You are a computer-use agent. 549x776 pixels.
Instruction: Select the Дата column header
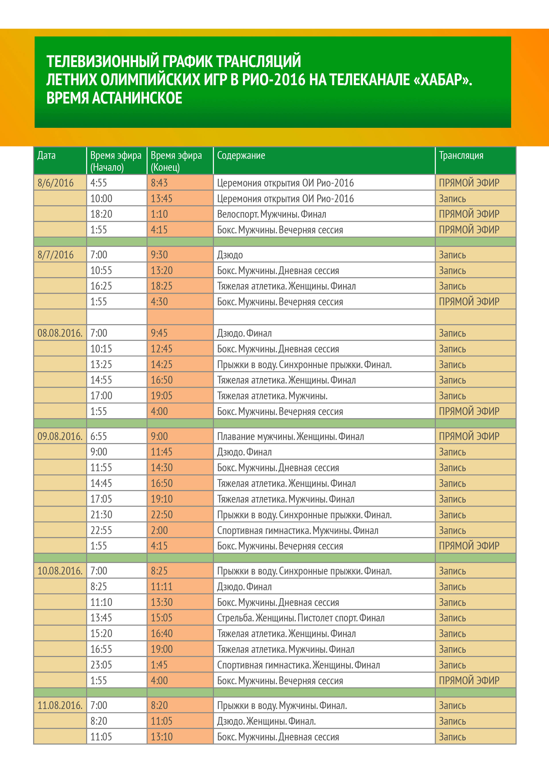click(x=46, y=156)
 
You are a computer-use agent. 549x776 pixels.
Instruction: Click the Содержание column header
click(x=241, y=156)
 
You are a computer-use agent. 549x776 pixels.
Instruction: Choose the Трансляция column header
click(x=461, y=156)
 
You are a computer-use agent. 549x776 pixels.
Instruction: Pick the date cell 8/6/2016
click(x=56, y=183)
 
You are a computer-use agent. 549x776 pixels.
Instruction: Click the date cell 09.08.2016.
click(x=60, y=436)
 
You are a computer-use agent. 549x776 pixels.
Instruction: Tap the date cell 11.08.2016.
click(x=60, y=705)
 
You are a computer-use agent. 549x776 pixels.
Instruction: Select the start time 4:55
click(x=99, y=183)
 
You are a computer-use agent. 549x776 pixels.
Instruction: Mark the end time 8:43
click(x=159, y=183)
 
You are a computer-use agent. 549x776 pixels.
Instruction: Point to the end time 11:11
click(x=161, y=586)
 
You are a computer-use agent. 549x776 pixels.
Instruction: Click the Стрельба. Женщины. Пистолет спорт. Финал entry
click(x=301, y=618)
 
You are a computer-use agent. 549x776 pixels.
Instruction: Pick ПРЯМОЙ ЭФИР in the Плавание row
click(x=469, y=436)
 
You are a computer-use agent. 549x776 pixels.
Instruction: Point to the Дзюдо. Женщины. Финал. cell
click(x=266, y=721)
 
